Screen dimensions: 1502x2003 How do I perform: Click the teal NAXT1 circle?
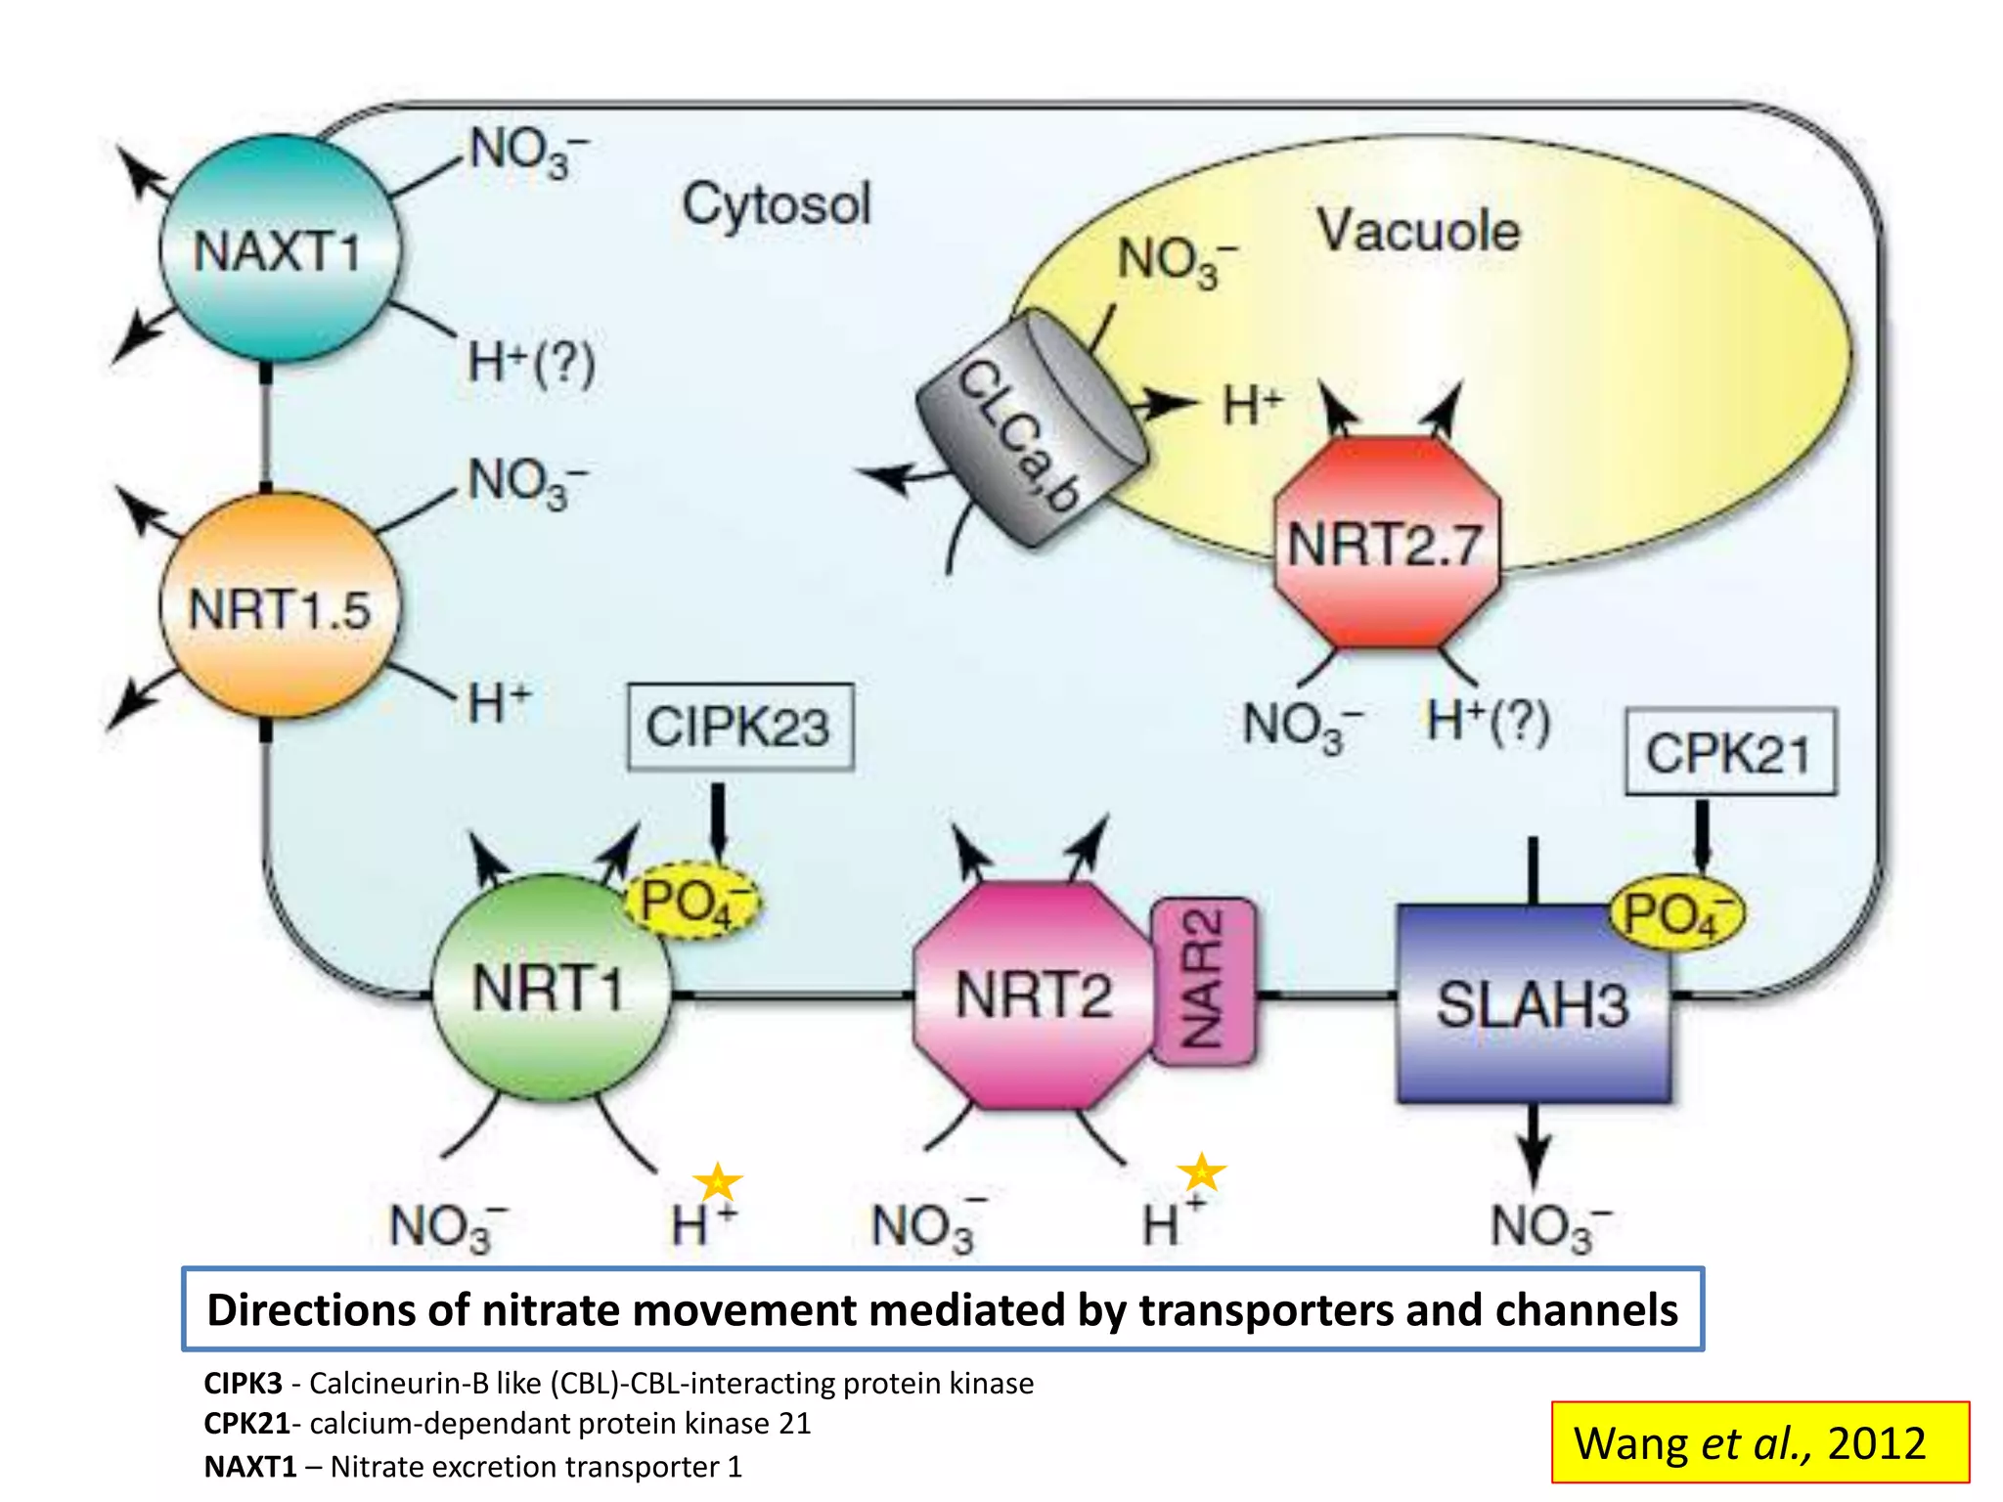(279, 249)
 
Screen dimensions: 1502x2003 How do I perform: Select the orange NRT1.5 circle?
(280, 606)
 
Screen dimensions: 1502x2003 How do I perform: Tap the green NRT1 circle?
(551, 988)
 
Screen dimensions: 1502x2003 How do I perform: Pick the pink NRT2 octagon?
(1032, 995)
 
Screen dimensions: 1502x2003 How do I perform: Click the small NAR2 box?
(1203, 981)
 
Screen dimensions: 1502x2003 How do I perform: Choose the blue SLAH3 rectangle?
(1533, 1004)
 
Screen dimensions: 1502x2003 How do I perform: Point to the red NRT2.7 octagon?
(1386, 543)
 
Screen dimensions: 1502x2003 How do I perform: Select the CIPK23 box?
(739, 727)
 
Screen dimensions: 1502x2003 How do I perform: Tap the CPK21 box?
(1729, 752)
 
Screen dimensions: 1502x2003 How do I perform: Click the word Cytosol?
(776, 204)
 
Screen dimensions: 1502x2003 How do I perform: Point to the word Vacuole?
(1418, 231)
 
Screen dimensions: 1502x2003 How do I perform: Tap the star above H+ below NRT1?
(718, 1180)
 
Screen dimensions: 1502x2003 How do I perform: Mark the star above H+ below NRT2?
(1201, 1171)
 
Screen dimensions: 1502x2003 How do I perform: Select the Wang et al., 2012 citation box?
(1759, 1442)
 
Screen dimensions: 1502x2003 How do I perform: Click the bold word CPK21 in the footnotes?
(246, 1424)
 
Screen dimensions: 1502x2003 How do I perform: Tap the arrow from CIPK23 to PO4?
(719, 819)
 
